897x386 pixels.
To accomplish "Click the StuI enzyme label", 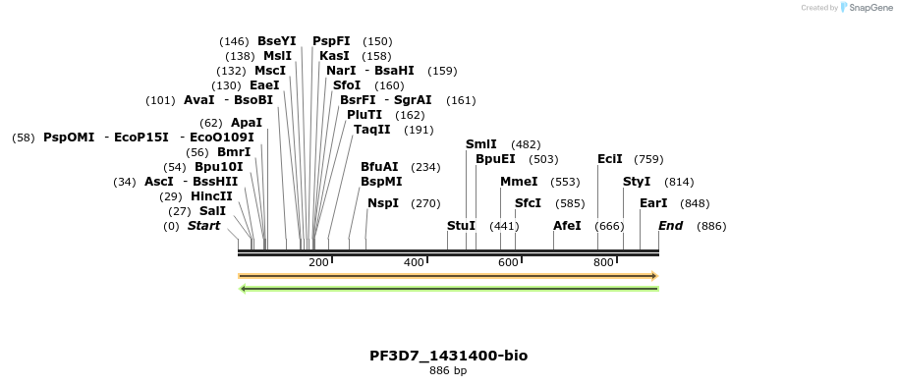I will coord(461,226).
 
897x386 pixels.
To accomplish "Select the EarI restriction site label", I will coord(653,203).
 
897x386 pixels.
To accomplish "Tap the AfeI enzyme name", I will coord(567,226).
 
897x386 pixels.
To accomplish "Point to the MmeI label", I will coord(519,182).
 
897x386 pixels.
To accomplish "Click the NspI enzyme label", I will coord(383,203).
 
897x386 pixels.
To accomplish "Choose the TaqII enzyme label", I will coord(371,130).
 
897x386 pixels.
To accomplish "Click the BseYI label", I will coord(276,41).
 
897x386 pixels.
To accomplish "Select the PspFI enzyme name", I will coord(331,41).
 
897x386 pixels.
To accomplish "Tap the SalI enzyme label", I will coord(212,210).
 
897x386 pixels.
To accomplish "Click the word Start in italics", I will coord(203,226).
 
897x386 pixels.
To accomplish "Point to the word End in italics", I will coord(670,226).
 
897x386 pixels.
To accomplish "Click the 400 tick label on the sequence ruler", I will coord(414,263).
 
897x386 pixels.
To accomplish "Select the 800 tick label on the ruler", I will coord(603,263).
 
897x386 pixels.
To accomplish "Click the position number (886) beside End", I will coord(711,226).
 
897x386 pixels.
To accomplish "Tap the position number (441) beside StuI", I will coord(503,226).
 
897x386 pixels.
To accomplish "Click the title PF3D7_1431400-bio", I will coord(448,356).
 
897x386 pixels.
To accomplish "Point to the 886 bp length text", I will coord(448,371).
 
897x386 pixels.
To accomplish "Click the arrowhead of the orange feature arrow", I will coord(652,276).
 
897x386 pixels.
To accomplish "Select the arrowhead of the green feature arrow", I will coord(244,289).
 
